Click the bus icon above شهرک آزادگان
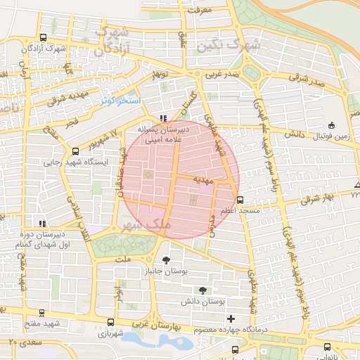[44, 38]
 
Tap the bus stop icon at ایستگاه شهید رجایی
[76, 151]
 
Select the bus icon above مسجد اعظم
[240, 200]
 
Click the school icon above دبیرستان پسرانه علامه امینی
[163, 119]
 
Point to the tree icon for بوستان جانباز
[166, 260]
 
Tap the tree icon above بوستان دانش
[203, 290]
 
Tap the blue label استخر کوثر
[120, 102]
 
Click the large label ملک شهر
[146, 224]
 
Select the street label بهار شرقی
[314, 199]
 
